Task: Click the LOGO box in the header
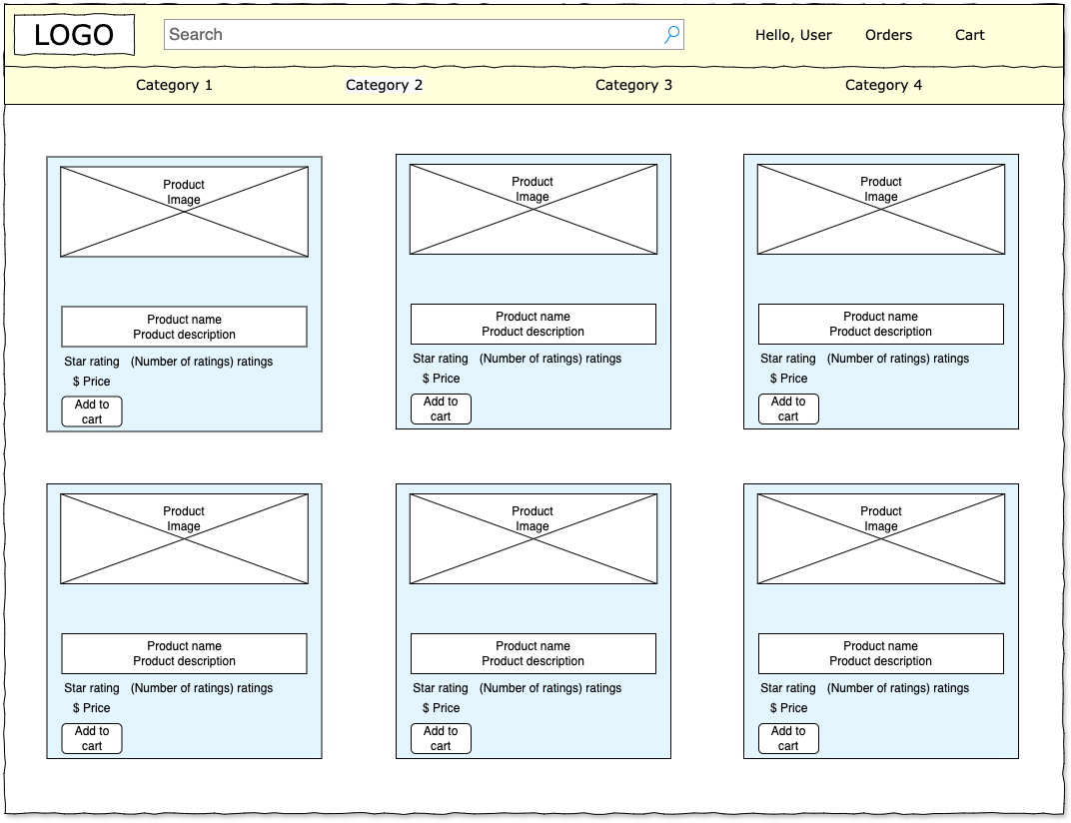pos(74,36)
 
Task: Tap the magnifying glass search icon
pos(672,35)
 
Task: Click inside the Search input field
pos(410,35)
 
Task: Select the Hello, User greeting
pos(793,35)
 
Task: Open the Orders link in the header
pos(888,35)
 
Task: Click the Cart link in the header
pos(969,35)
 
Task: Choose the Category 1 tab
pos(174,85)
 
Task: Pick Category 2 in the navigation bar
pos(384,85)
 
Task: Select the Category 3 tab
pos(633,85)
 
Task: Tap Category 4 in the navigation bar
pos(883,85)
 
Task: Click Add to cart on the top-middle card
pos(441,409)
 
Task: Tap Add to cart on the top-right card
pos(788,409)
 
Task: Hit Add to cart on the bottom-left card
pos(92,738)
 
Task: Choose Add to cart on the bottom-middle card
pos(441,738)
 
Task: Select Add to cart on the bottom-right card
pos(788,738)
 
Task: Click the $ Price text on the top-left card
pos(91,382)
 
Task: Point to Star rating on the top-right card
pos(787,359)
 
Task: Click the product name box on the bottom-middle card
pos(533,653)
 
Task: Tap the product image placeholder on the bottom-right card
pos(880,539)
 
